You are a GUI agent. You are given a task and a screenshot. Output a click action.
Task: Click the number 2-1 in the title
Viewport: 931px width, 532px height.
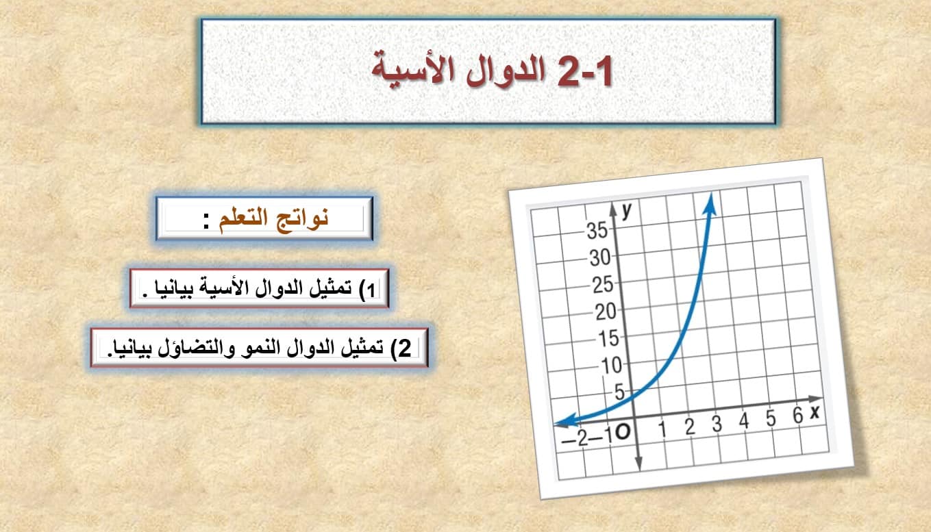[x=585, y=71]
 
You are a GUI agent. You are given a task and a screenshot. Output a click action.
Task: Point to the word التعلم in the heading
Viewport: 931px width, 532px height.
[x=243, y=218]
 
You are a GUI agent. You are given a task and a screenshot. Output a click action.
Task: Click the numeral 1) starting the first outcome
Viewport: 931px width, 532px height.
[x=369, y=290]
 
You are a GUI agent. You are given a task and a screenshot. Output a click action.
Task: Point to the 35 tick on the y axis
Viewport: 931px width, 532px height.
[x=597, y=231]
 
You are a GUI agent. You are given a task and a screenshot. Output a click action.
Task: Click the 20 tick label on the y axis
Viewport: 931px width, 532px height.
[x=605, y=312]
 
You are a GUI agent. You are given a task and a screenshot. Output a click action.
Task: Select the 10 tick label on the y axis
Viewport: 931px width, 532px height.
[x=611, y=366]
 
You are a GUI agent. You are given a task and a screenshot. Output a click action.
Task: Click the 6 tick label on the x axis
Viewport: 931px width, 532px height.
[x=797, y=416]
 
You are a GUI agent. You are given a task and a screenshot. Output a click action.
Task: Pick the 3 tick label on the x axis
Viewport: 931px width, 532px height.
[x=717, y=424]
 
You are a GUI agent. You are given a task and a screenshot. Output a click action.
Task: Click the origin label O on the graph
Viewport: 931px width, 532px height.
[x=622, y=433]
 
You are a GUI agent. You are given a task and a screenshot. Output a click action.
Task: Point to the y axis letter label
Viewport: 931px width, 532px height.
[x=627, y=210]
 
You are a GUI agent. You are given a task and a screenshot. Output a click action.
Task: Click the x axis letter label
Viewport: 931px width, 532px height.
[x=815, y=412]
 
